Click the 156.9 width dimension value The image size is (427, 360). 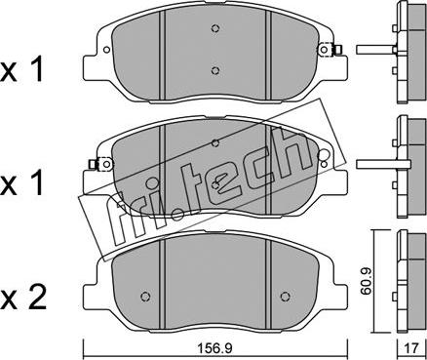[215, 349]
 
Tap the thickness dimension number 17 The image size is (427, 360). [411, 349]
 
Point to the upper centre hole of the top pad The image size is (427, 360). [214, 28]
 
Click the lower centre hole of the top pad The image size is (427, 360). [214, 70]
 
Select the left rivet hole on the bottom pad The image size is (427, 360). [145, 297]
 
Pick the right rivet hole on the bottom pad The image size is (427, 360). [285, 296]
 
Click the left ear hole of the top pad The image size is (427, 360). [106, 50]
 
